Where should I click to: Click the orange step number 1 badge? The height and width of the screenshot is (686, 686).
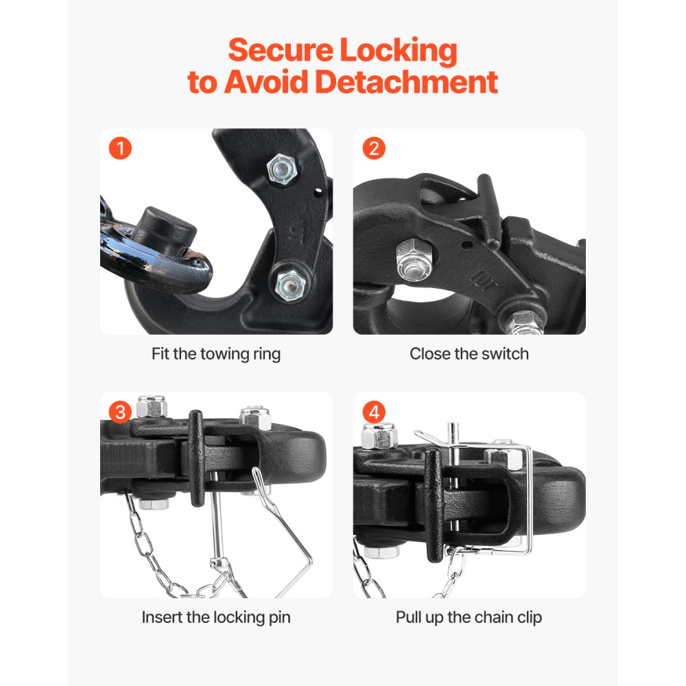pos(120,148)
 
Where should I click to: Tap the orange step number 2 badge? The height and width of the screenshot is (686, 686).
pos(374,148)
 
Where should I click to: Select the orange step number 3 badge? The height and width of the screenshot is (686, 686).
pos(121,412)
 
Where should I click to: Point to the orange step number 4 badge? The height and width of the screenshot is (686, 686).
pos(374,412)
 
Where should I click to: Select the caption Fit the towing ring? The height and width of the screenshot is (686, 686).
pos(216,354)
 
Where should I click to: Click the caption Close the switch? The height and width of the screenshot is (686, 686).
pos(469,354)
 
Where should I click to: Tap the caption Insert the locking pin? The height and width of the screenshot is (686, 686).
pos(216,617)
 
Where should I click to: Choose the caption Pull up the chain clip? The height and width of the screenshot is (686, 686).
pos(469,617)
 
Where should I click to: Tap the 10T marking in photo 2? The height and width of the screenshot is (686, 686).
pos(480,279)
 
